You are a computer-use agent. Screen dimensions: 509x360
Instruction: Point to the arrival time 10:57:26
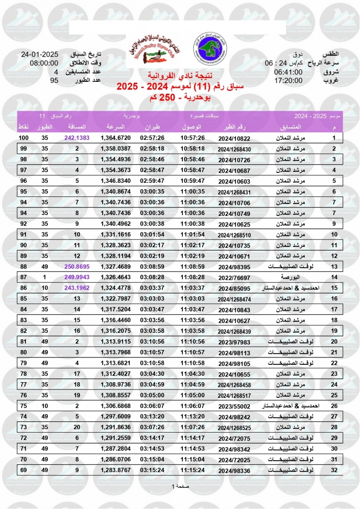point(193,138)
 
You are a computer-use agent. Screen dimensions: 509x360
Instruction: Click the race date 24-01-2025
point(39,55)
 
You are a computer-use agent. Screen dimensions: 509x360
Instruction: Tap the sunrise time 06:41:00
point(288,72)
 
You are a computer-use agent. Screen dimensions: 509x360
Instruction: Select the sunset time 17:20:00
point(288,81)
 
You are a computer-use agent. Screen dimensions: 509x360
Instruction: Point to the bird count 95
point(54,80)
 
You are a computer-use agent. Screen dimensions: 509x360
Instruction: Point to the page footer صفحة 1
point(180,486)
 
